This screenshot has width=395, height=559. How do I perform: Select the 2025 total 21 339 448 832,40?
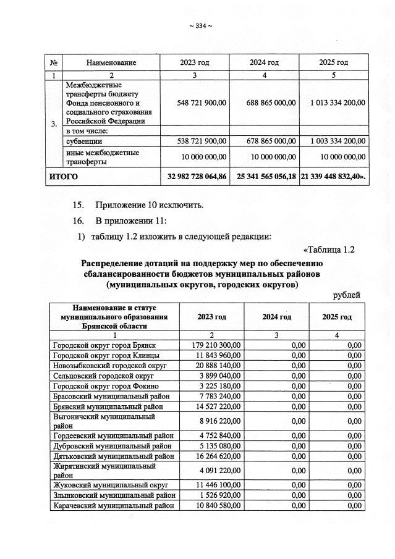[x=333, y=177]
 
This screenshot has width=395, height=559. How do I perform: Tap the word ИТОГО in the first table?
[x=64, y=177]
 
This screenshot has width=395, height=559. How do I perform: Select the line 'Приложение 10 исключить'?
[x=149, y=205]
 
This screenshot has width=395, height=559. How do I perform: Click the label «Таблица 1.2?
[x=329, y=250]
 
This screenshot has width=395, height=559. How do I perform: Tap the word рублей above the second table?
[x=346, y=295]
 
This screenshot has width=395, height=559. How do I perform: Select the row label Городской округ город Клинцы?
[x=106, y=356]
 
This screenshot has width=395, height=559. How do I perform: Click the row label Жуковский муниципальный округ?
[x=109, y=485]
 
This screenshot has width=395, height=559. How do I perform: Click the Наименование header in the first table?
[x=111, y=62]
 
